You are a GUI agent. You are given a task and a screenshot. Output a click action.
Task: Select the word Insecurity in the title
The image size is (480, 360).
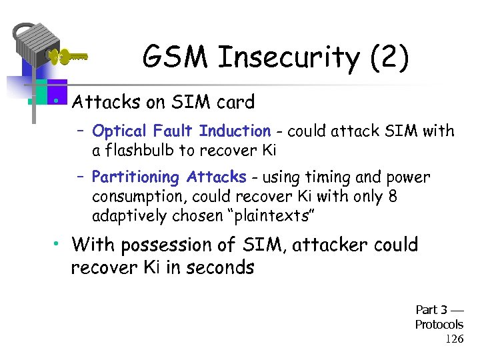(287, 58)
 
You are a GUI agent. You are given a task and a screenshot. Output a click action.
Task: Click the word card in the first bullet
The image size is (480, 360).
(234, 102)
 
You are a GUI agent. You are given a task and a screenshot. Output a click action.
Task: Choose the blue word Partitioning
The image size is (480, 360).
(136, 177)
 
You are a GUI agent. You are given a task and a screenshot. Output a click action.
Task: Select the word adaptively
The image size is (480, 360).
(126, 217)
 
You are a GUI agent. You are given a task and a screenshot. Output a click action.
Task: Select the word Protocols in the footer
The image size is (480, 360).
(439, 324)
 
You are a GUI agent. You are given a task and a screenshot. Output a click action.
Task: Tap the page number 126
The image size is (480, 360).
(454, 339)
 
